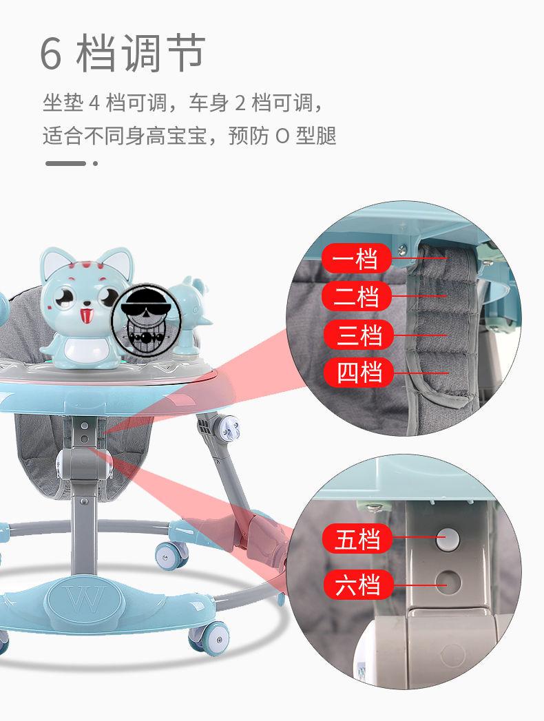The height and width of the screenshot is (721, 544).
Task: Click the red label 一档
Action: [x=357, y=258]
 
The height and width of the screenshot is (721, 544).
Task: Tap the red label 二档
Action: [x=357, y=296]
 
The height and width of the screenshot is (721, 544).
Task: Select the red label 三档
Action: [x=359, y=334]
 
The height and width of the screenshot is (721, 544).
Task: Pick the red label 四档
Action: [x=359, y=372]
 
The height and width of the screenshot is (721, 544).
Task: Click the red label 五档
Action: [x=357, y=539]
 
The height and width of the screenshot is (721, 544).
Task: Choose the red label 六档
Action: [x=357, y=585]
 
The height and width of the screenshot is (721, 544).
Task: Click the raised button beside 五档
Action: [x=448, y=539]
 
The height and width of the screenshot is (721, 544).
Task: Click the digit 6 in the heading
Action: [x=50, y=54]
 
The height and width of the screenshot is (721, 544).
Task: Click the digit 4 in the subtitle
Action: [x=94, y=103]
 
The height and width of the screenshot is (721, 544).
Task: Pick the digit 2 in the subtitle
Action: [x=240, y=103]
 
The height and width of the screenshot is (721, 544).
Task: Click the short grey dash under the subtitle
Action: [x=65, y=163]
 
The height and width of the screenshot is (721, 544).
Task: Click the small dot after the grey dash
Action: [x=95, y=163]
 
